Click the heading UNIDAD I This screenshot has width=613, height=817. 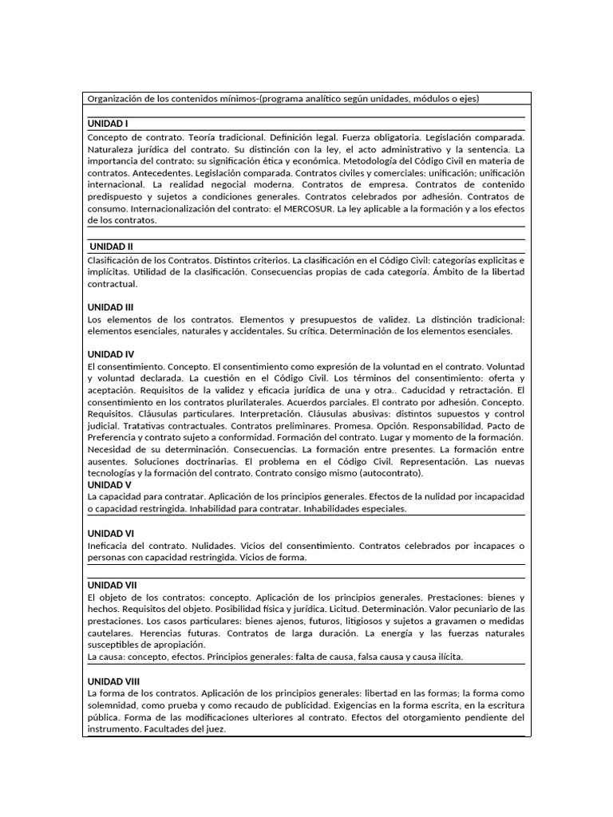(x=108, y=124)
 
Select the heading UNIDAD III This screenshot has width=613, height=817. (x=110, y=307)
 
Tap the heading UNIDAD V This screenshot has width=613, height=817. (x=109, y=484)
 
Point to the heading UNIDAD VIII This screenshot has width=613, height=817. (x=113, y=681)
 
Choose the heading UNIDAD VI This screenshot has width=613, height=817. (x=111, y=532)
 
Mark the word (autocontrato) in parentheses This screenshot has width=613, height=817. (x=387, y=473)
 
